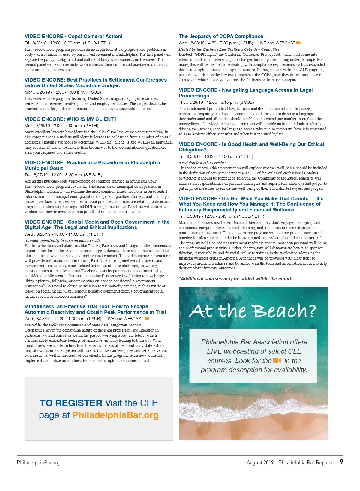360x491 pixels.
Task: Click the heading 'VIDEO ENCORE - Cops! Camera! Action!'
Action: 73,37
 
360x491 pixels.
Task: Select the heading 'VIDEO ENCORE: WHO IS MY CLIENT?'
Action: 70,119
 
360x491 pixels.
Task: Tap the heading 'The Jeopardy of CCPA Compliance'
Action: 221,37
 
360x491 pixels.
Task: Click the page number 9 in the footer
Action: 341,462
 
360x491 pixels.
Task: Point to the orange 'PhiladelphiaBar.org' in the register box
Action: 115,415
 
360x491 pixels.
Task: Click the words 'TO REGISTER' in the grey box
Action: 71,403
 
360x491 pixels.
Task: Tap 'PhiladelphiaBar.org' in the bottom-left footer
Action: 38,463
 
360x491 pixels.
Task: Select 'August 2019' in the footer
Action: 260,463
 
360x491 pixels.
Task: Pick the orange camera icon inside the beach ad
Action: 277,360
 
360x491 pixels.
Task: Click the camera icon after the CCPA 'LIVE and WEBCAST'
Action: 299,43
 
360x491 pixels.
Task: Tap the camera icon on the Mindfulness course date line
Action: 147,319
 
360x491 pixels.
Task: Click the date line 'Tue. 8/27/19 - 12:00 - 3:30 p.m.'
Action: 63,175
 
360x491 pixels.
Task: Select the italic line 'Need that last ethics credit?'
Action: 202,163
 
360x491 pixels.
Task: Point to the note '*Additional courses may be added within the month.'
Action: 236,279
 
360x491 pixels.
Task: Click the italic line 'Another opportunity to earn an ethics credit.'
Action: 63,240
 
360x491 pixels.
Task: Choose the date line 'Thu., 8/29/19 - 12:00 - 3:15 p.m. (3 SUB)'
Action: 216,102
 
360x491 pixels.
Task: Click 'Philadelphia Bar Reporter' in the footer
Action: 307,463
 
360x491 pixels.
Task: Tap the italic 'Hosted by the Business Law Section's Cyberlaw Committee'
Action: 229,49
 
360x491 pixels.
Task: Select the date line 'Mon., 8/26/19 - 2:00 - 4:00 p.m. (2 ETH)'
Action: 61,126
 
